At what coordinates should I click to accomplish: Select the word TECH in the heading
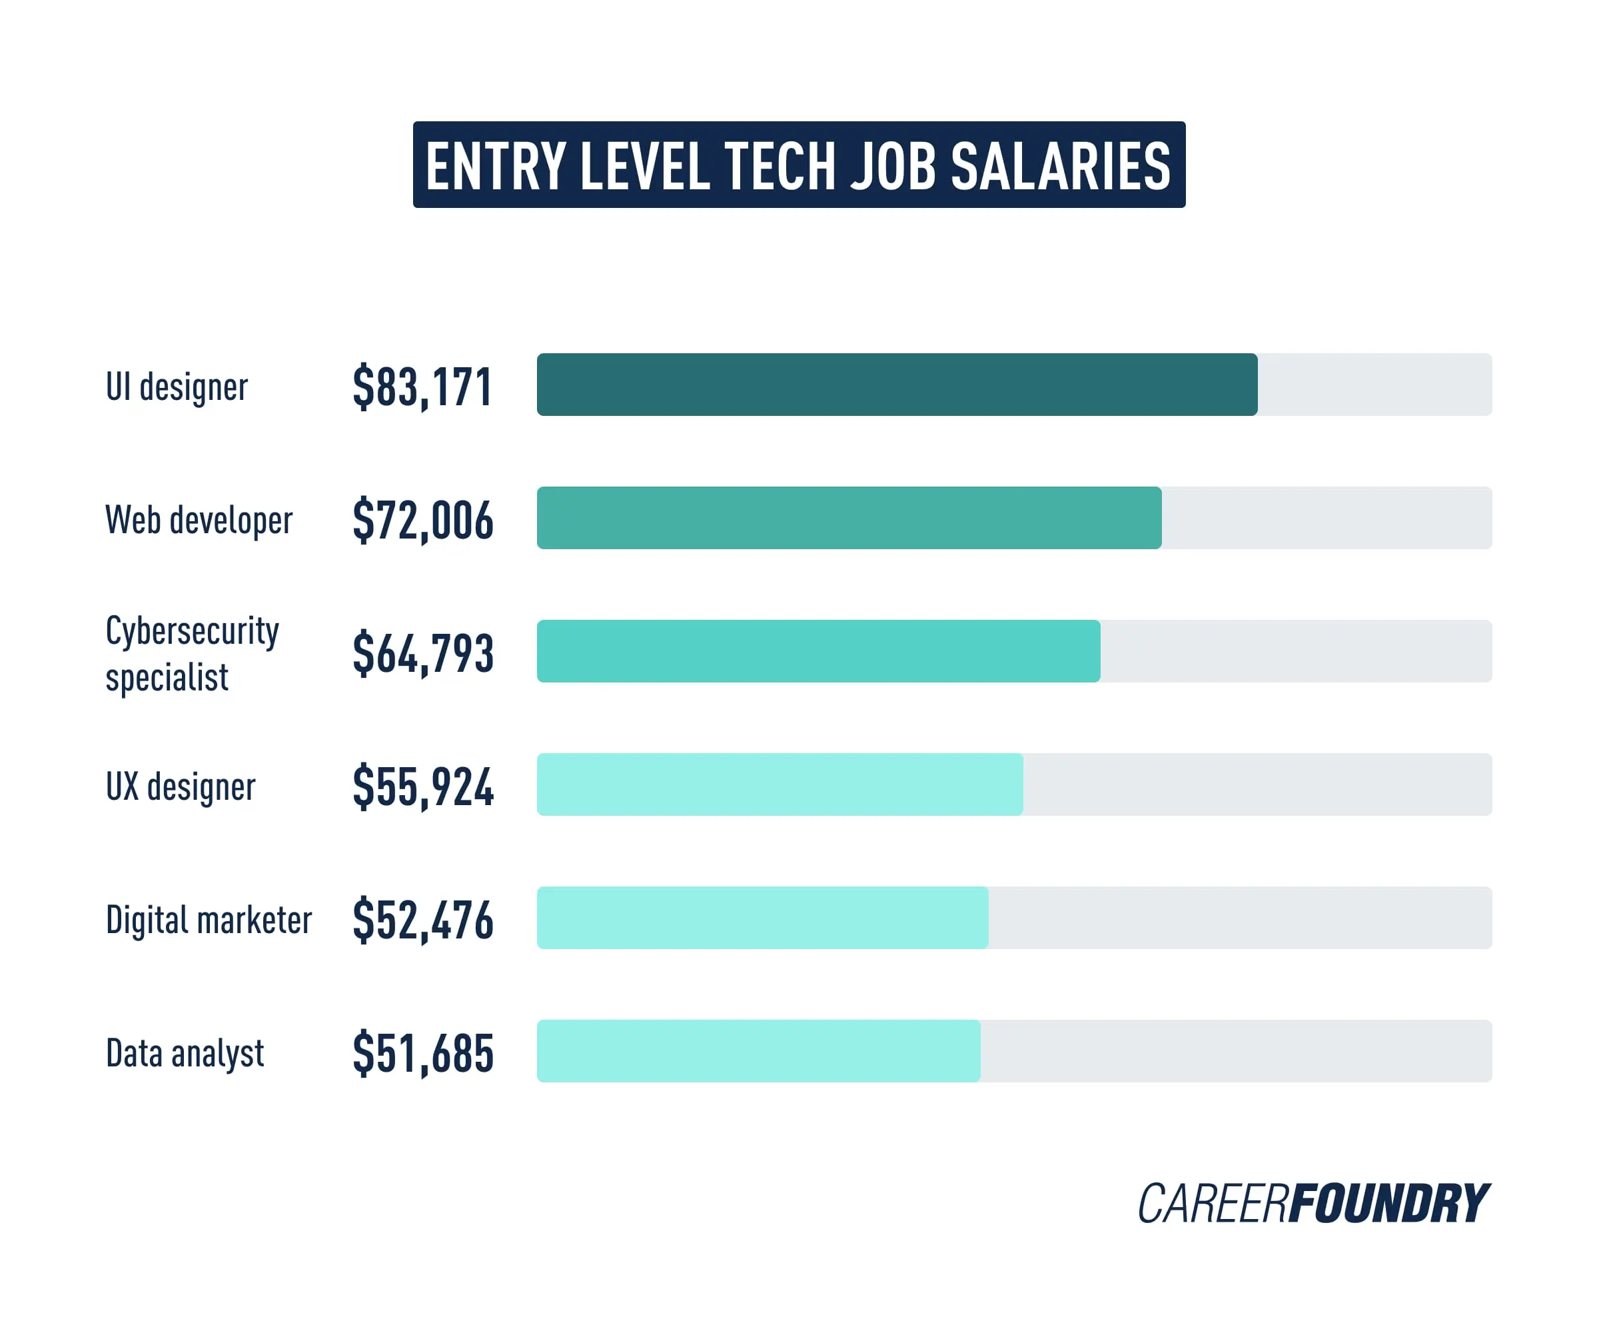click(x=780, y=166)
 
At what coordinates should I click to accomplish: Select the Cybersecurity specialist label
click(x=192, y=654)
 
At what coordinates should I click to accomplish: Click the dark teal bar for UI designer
click(x=896, y=385)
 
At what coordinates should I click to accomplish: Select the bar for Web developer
click(x=849, y=518)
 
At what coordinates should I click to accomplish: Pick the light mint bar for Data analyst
click(x=758, y=1051)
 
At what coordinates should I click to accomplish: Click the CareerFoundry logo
click(x=1313, y=1204)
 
